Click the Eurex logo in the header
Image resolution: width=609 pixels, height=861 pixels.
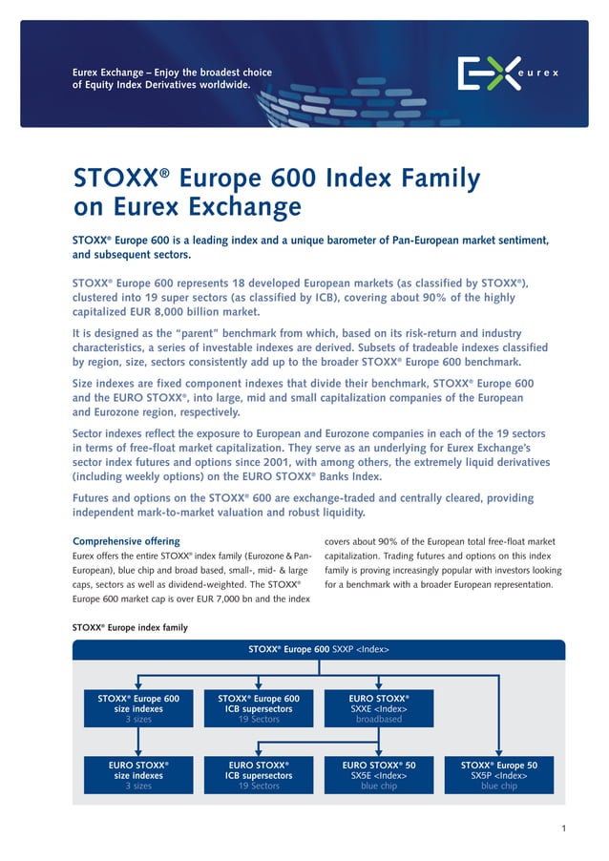click(x=507, y=73)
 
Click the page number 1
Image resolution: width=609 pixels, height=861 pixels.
click(x=564, y=827)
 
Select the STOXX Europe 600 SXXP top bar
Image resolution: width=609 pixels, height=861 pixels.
click(x=319, y=649)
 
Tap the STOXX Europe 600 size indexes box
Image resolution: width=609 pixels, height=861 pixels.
click(x=138, y=708)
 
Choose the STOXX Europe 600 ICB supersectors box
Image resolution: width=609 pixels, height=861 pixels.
click(x=259, y=708)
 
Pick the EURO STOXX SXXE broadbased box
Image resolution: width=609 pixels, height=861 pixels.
click(x=379, y=708)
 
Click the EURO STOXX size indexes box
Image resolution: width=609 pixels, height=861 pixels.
click(x=138, y=775)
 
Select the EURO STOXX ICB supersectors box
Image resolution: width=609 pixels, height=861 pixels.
click(x=259, y=775)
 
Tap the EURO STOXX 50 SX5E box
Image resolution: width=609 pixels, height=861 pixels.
click(x=379, y=775)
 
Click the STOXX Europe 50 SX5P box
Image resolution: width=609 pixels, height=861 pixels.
click(x=499, y=775)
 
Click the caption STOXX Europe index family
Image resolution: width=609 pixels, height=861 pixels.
click(x=130, y=627)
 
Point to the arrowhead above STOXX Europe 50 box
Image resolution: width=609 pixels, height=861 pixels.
click(x=499, y=751)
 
